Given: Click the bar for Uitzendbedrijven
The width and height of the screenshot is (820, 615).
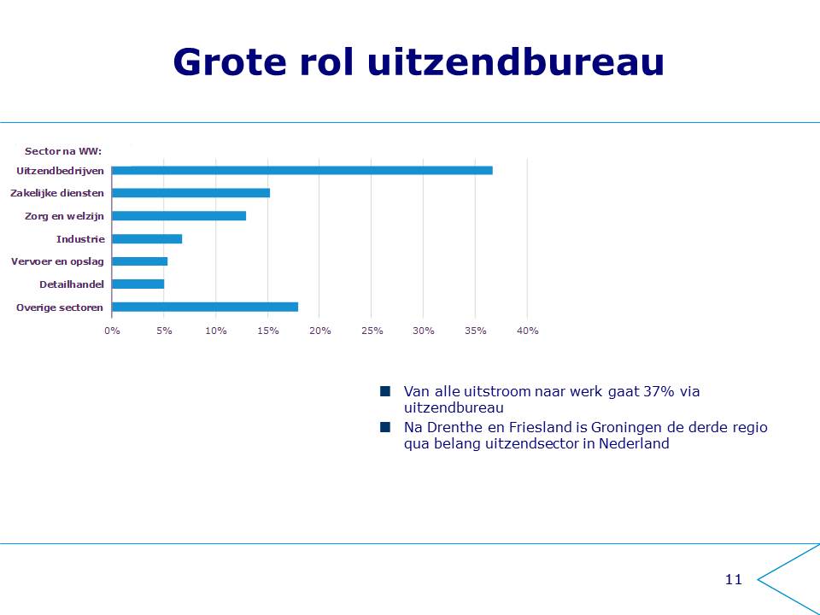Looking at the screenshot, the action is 302,171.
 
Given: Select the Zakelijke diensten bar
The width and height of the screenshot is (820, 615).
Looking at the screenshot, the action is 190,193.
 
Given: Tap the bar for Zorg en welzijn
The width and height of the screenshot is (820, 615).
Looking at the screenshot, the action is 179,216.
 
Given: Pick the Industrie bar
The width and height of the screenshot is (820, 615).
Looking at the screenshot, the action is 147,239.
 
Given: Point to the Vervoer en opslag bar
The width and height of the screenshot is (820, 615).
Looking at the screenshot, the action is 139,261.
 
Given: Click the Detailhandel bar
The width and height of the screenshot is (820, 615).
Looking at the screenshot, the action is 138,284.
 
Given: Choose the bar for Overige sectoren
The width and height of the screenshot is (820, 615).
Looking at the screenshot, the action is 205,307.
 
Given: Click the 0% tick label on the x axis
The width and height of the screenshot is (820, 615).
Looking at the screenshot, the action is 112,331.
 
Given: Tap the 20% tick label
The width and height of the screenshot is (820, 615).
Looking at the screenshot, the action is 320,331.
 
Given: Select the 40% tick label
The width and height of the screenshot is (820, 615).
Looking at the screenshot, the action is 528,331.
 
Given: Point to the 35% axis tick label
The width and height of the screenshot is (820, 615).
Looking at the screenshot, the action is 476,331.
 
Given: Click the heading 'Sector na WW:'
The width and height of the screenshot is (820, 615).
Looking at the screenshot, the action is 63,151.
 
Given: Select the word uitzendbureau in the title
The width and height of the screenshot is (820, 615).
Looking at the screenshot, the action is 516,61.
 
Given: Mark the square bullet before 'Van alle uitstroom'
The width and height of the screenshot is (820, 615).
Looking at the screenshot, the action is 385,391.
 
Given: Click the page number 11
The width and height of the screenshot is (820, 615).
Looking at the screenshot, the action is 734,579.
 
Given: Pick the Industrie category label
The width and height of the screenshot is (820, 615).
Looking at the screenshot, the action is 80,239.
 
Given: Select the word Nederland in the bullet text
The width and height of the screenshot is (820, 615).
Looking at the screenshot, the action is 634,443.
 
